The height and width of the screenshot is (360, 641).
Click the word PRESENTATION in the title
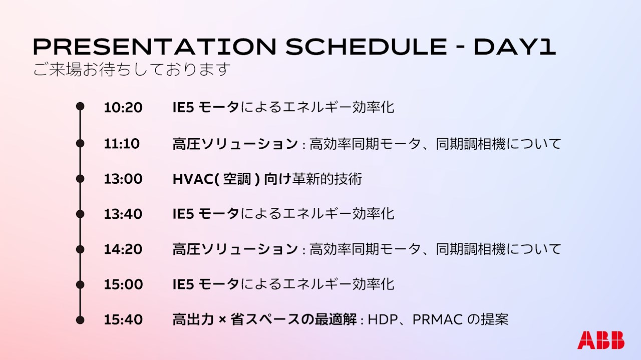click(155, 47)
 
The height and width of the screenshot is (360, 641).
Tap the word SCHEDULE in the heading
click(366, 47)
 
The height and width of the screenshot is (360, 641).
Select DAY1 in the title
click(515, 47)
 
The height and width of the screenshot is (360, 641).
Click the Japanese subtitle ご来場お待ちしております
click(132, 69)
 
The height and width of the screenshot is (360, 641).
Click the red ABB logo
click(601, 340)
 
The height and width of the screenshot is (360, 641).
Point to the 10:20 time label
click(123, 108)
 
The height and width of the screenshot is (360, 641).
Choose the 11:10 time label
click(122, 144)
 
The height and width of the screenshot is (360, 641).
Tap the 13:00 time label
click(123, 179)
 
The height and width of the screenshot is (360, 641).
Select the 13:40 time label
click(123, 214)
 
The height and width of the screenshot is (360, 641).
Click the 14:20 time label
click(123, 249)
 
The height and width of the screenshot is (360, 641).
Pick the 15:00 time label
click(123, 284)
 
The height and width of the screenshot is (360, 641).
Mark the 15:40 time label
click(123, 319)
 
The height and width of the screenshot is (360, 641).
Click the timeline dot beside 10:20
click(80, 107)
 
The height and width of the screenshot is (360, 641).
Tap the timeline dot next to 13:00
click(80, 179)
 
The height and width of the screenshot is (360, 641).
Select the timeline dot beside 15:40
click(80, 320)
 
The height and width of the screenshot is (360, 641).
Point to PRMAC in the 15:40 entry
click(438, 319)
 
